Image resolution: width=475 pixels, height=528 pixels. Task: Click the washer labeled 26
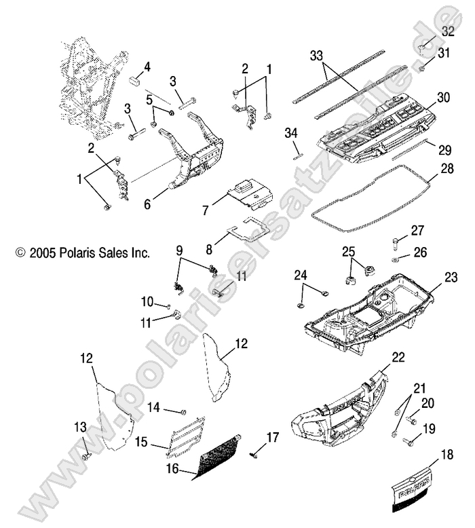point(396,259)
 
